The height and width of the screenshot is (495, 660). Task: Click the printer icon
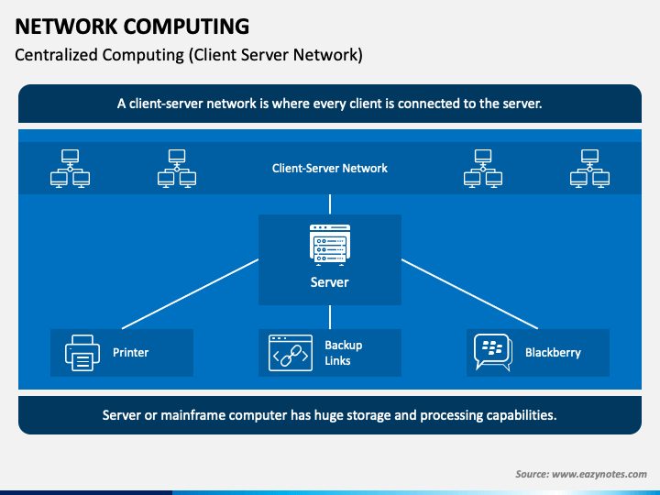(x=82, y=353)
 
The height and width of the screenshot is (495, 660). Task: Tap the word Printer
(x=130, y=352)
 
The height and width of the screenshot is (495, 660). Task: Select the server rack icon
(x=330, y=245)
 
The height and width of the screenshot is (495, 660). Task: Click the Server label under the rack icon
(x=330, y=282)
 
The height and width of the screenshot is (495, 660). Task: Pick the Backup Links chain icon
(x=291, y=353)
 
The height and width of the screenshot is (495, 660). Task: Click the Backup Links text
(x=344, y=353)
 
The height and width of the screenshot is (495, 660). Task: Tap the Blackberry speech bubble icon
(x=493, y=352)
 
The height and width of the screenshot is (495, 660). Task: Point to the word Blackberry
(x=553, y=352)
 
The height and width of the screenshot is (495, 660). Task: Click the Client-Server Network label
(x=330, y=169)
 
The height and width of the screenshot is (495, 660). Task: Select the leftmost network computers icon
(x=70, y=169)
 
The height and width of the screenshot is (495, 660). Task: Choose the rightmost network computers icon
(x=589, y=169)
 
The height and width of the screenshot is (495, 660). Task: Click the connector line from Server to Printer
(x=191, y=294)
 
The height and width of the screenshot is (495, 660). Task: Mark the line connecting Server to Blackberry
(x=469, y=294)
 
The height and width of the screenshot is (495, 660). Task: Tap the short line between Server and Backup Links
(x=330, y=317)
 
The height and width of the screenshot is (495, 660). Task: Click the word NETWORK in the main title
(x=66, y=27)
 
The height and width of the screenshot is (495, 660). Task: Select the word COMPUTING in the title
(x=186, y=27)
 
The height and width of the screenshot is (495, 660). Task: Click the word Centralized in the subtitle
(x=56, y=55)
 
